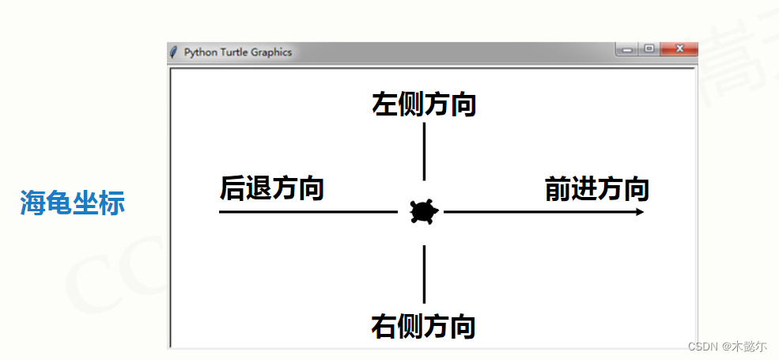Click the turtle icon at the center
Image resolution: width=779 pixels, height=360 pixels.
coord(424,212)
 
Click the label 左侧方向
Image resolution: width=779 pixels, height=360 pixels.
coord(424,104)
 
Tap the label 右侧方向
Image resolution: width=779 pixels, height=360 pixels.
coord(423,326)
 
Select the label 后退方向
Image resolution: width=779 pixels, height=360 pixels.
coord(271,189)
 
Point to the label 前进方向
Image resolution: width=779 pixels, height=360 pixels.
coord(597,190)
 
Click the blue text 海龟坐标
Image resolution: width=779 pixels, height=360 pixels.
coord(72,203)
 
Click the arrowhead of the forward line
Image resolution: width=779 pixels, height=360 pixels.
coord(639,212)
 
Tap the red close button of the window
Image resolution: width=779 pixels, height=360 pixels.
coord(679,50)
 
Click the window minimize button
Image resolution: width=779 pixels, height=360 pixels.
coord(627,50)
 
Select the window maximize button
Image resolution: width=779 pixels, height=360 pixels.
coord(649,50)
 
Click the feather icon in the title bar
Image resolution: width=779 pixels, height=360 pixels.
coord(173,52)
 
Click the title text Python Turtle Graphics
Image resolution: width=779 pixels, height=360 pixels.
coord(237,52)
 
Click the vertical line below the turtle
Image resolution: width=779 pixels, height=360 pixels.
coord(424,274)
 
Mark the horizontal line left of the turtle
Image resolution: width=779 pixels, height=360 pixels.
coord(308,212)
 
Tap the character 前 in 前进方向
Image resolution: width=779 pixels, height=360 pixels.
coord(558,190)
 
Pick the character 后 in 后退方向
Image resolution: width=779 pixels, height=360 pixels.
coord(233,189)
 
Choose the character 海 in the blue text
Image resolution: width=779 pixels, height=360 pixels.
coord(32,203)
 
